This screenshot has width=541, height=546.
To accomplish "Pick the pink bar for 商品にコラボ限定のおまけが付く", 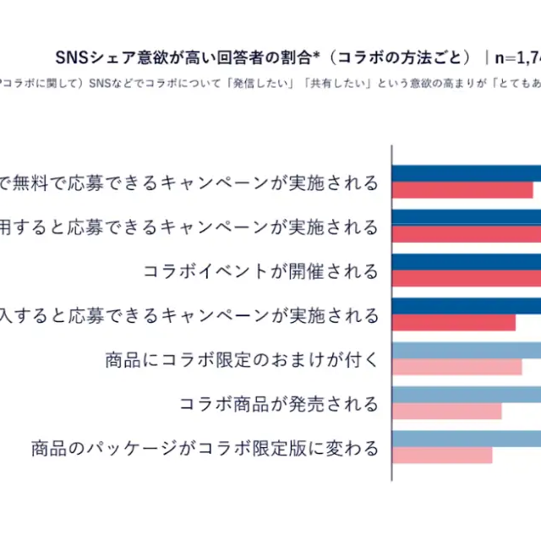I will coord(457,367).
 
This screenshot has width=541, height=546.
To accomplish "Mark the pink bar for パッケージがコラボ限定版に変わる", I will coord(442,455).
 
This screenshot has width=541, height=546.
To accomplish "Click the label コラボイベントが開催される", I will coord(261,271).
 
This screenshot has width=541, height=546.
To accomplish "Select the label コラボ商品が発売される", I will coord(279,403).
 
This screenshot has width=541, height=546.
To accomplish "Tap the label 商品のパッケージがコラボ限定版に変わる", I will coord(205,447).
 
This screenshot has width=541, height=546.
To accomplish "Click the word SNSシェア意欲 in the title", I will coord(106,57).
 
